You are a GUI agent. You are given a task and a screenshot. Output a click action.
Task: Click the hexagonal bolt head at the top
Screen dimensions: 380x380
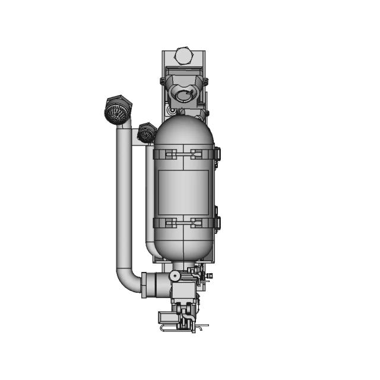(x=184, y=56)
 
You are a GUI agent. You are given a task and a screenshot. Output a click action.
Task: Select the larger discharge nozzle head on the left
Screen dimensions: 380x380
(x=118, y=110)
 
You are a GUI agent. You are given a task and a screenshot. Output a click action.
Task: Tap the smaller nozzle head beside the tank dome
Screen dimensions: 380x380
(x=146, y=133)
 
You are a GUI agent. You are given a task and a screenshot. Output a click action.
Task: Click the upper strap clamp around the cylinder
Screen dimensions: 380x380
(x=183, y=154)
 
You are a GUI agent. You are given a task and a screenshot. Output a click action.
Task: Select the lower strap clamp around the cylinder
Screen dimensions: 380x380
(x=183, y=223)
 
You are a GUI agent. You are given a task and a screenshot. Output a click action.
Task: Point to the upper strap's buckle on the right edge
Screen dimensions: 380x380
(x=217, y=154)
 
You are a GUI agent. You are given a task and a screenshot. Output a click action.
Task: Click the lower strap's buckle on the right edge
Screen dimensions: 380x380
(x=217, y=223)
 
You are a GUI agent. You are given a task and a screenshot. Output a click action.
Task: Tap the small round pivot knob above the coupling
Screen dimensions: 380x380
(x=174, y=275)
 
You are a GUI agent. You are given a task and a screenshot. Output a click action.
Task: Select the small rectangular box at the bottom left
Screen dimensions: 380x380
(x=164, y=318)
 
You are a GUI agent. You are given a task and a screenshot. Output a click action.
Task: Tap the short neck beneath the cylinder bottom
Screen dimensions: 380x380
(x=183, y=265)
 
